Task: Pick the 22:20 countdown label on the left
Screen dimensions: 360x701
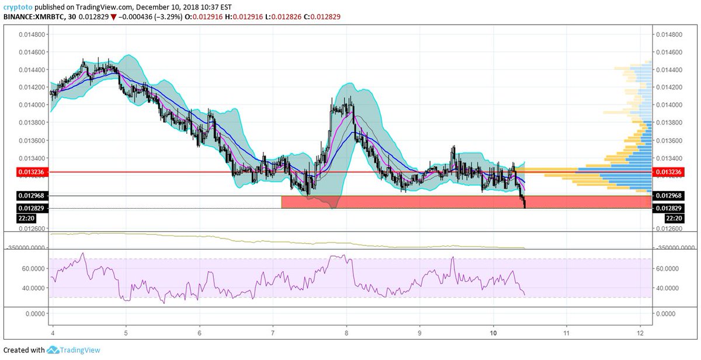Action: pyautogui.click(x=18, y=218)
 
